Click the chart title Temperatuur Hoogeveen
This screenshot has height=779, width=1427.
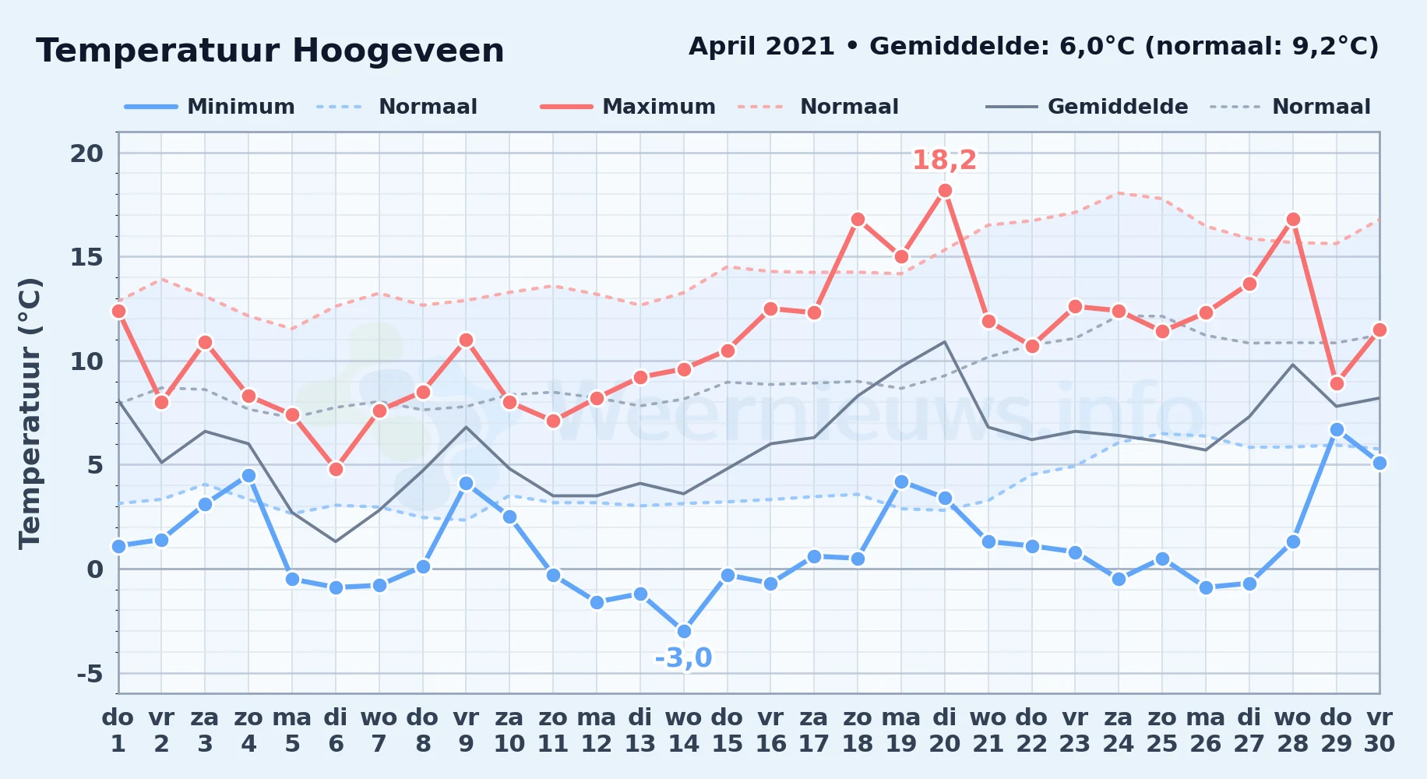pyautogui.click(x=270, y=51)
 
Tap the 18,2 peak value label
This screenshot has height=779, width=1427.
pyautogui.click(x=944, y=160)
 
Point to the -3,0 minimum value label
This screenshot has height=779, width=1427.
pyautogui.click(x=683, y=658)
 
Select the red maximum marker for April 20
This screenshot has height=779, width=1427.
pyautogui.click(x=945, y=190)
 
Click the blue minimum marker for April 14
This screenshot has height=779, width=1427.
pyautogui.click(x=684, y=631)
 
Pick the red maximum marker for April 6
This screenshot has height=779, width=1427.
pyautogui.click(x=336, y=469)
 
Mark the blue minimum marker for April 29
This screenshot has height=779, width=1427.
pyautogui.click(x=1337, y=429)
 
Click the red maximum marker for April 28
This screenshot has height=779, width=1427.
pyautogui.click(x=1293, y=219)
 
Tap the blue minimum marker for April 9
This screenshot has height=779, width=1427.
pyautogui.click(x=466, y=483)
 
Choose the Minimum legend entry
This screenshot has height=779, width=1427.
pyautogui.click(x=210, y=107)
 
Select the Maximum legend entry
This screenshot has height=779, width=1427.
pyautogui.click(x=628, y=107)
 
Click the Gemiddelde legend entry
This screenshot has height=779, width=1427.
pyautogui.click(x=1087, y=107)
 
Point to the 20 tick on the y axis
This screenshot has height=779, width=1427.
pyautogui.click(x=86, y=153)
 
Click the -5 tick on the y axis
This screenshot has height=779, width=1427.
pyautogui.click(x=90, y=673)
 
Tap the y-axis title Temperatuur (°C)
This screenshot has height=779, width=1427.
pyautogui.click(x=30, y=413)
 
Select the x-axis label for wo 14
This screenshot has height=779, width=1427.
pyautogui.click(x=684, y=730)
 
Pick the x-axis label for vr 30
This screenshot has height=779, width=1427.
pyautogui.click(x=1379, y=730)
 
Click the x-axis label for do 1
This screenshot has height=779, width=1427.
pyautogui.click(x=118, y=730)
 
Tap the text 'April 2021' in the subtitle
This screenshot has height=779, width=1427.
pyautogui.click(x=762, y=46)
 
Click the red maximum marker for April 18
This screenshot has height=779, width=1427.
pyautogui.click(x=858, y=219)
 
